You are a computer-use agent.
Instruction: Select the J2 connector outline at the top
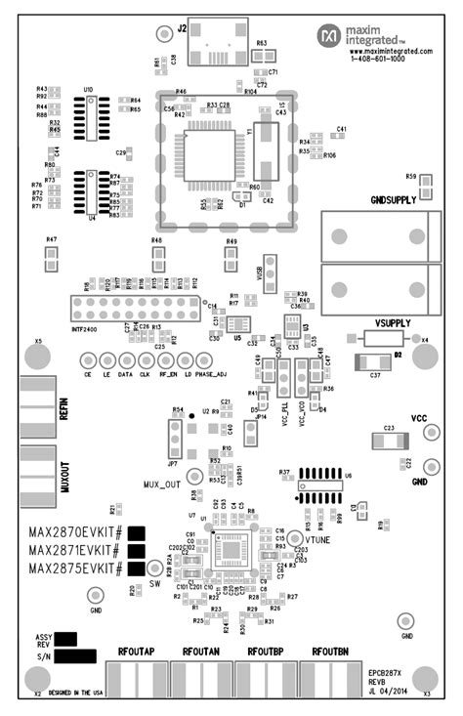coord(218,41)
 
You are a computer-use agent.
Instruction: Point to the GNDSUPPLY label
coord(394,199)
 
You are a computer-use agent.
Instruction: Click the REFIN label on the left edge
coord(63,407)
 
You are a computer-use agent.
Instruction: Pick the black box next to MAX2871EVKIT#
coord(137,551)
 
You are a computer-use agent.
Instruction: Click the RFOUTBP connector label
coord(265,651)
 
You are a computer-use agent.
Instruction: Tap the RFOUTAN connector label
coord(200,651)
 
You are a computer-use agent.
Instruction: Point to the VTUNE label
coord(322,539)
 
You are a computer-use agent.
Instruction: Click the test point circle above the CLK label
coord(145,361)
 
